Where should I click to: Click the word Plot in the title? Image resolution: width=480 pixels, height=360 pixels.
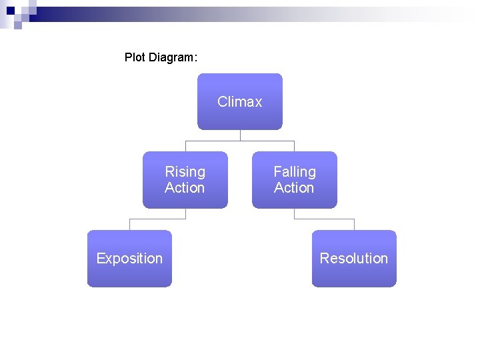point(135,57)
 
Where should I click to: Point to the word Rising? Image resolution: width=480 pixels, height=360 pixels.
point(185,172)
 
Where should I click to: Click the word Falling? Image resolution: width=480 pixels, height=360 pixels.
point(295,172)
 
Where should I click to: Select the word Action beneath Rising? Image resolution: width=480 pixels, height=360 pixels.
point(185,188)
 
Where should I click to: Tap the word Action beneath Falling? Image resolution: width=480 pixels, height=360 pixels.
point(294,188)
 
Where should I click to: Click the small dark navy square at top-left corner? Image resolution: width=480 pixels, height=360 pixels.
point(9,10)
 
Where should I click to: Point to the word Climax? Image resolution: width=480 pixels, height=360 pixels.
point(240,102)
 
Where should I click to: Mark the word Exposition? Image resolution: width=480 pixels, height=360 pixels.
point(129,259)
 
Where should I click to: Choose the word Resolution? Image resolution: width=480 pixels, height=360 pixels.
point(354,259)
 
